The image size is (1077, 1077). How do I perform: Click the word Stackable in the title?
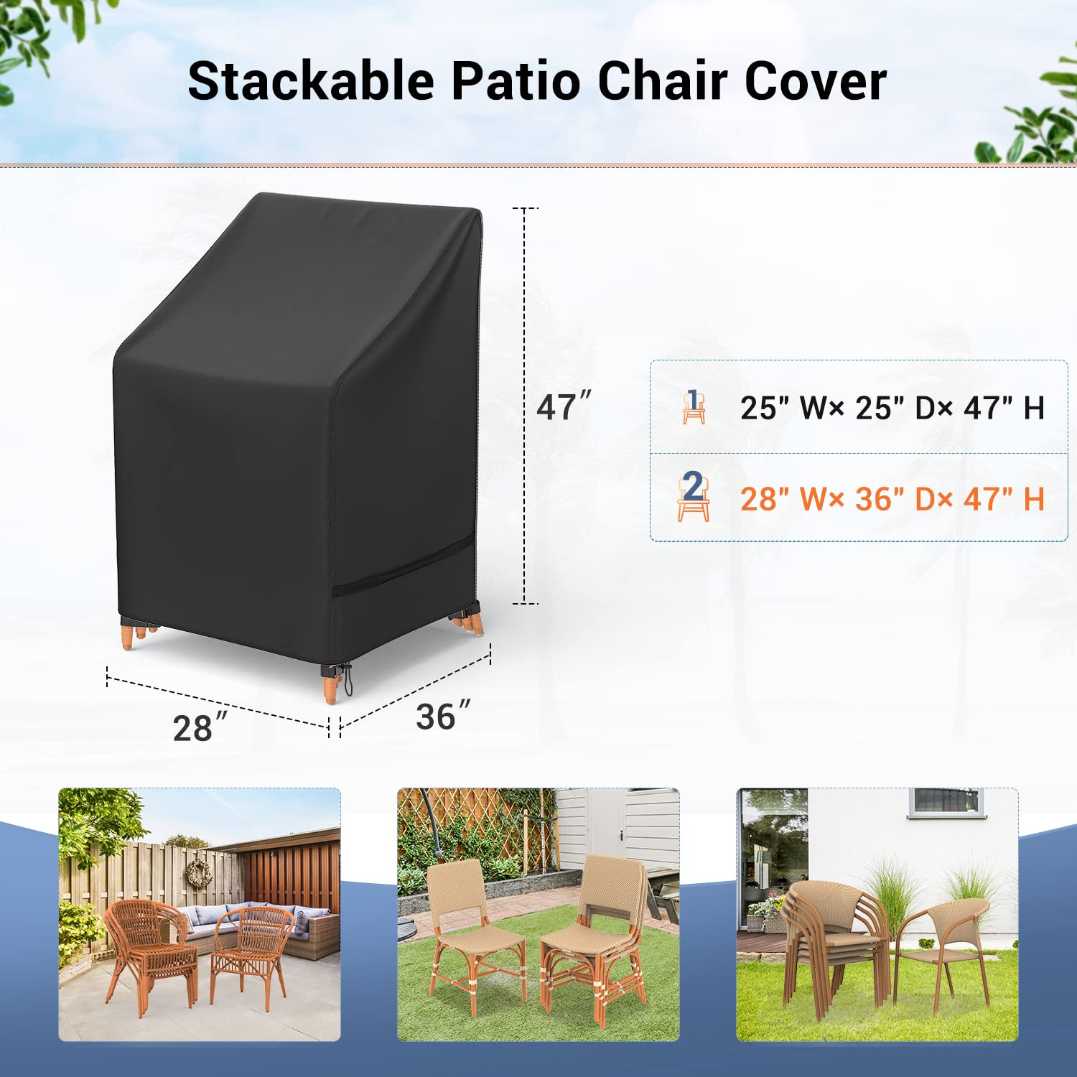tap(311, 81)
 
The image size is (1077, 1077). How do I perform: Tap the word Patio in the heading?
tap(516, 81)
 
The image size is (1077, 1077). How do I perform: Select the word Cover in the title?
tap(815, 81)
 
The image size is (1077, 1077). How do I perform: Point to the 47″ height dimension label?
tap(563, 406)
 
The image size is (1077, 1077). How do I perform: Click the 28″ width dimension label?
tap(199, 727)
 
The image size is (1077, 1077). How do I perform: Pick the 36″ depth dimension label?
tap(442, 716)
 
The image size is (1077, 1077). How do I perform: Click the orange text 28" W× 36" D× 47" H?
tap(892, 499)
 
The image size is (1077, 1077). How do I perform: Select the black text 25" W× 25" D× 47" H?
tap(892, 408)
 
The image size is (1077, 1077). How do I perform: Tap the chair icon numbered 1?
tap(693, 407)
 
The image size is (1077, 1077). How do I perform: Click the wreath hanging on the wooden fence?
tap(199, 872)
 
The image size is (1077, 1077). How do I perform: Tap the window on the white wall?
tap(945, 801)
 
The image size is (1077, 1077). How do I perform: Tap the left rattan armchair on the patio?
tap(149, 948)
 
